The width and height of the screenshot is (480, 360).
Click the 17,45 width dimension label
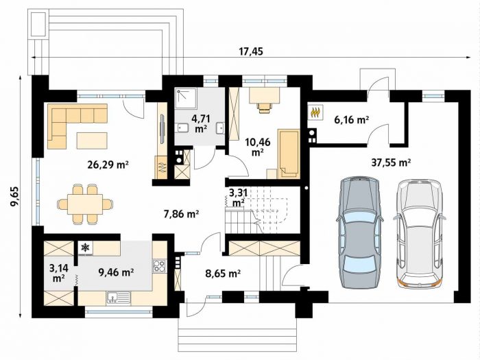click(x=251, y=51)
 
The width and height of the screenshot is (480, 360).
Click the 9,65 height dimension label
click(x=15, y=197)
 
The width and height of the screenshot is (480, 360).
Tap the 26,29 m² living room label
click(x=108, y=165)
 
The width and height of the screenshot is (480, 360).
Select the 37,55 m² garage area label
click(x=391, y=163)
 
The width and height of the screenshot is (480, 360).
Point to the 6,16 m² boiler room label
click(x=351, y=119)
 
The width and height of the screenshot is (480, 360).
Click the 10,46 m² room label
click(x=258, y=147)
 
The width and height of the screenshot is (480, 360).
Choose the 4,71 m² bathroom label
click(x=200, y=123)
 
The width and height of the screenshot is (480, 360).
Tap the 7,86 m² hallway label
click(x=182, y=214)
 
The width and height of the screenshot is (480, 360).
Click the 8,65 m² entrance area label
click(x=223, y=273)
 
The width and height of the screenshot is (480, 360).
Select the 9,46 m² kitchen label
click(x=116, y=272)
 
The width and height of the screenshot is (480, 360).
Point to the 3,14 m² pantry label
click(x=58, y=273)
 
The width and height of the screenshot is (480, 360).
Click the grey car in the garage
click(x=360, y=232)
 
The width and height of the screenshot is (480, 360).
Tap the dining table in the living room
click(x=85, y=204)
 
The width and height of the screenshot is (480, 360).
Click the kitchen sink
click(x=119, y=297)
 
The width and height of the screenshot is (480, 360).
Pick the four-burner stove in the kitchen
click(x=159, y=266)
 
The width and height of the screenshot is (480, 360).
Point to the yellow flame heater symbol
click(x=315, y=112)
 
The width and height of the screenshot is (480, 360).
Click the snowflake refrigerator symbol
click(x=86, y=248)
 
